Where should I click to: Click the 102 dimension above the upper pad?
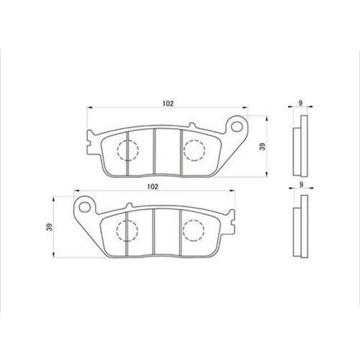[168, 104]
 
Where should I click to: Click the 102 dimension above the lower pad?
[153, 186]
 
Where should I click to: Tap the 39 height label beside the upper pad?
[263, 147]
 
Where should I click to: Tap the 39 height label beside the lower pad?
[49, 227]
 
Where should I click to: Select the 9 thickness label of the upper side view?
[300, 103]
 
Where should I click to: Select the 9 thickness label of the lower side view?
[302, 184]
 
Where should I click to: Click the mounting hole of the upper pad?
[237, 127]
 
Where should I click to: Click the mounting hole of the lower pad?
[84, 207]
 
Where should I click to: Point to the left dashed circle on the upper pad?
[128, 150]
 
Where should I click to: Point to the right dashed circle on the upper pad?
[194, 150]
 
